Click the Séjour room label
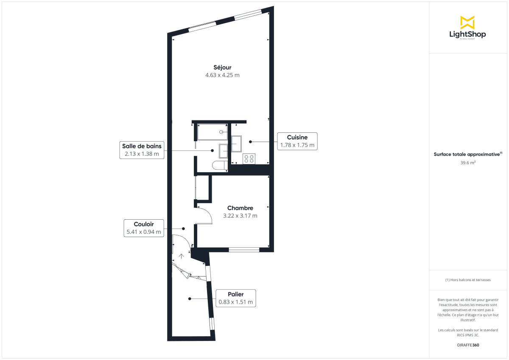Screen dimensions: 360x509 tap(222, 67)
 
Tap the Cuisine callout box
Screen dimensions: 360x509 tap(297, 141)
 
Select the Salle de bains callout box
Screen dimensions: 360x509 tap(142, 150)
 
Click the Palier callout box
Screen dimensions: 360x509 tap(235, 299)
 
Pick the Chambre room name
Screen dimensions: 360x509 tap(240, 208)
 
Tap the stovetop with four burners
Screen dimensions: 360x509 tap(249, 159)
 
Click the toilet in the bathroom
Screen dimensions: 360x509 tap(220, 166)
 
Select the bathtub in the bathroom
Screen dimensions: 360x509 tap(212, 132)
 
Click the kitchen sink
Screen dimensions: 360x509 tap(236, 143)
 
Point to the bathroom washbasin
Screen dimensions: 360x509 tap(223, 151)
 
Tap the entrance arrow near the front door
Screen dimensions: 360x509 tap(182, 256)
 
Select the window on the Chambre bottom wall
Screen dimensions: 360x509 tap(244, 250)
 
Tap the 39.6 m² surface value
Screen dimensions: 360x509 tap(468, 162)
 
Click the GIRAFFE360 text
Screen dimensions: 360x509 tap(468, 345)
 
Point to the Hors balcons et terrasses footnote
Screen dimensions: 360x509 tap(468, 280)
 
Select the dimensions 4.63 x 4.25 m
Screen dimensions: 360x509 tap(222, 75)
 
